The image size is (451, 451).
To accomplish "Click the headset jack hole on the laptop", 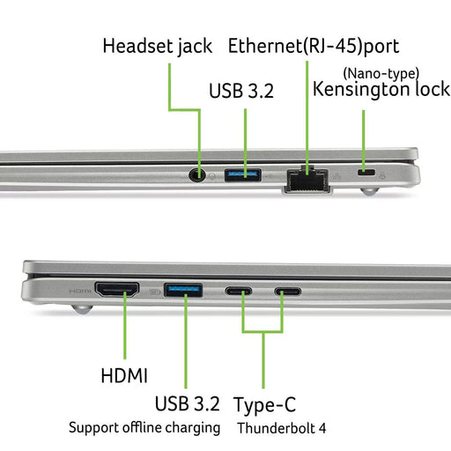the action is pyautogui.click(x=196, y=175).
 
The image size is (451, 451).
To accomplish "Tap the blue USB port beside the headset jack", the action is pyautogui.click(x=243, y=175).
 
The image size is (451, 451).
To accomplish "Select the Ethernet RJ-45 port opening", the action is pyautogui.click(x=307, y=179).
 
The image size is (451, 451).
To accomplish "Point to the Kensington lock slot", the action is pyautogui.click(x=366, y=172).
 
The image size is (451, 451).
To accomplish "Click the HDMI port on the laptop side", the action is pyautogui.click(x=117, y=290).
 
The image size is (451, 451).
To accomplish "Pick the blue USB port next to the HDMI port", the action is pyautogui.click(x=183, y=290).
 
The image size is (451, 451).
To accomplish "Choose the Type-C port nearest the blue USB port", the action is pyautogui.click(x=239, y=292).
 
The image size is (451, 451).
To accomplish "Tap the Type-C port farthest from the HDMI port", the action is pyautogui.click(x=288, y=292).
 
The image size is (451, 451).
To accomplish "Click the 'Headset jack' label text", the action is pyautogui.click(x=158, y=47).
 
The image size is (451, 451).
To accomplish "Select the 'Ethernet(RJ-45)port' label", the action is pyautogui.click(x=314, y=47).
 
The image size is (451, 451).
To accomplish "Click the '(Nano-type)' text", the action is pyautogui.click(x=381, y=73).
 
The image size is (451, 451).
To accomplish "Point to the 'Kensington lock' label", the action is pyautogui.click(x=381, y=89).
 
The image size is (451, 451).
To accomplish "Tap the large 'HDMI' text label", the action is pyautogui.click(x=124, y=375).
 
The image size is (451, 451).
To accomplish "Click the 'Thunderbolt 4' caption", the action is pyautogui.click(x=282, y=428).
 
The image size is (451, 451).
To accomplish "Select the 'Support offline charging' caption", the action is pyautogui.click(x=144, y=428).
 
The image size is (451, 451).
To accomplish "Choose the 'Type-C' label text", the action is pyautogui.click(x=264, y=405).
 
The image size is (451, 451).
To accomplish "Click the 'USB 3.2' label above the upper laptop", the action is pyautogui.click(x=241, y=91).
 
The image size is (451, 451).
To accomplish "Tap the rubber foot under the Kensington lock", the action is pyautogui.click(x=370, y=192).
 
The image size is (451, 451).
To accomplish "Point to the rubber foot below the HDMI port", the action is pyautogui.click(x=83, y=309).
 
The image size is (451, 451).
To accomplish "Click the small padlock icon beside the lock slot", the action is pyautogui.click(x=382, y=175).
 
